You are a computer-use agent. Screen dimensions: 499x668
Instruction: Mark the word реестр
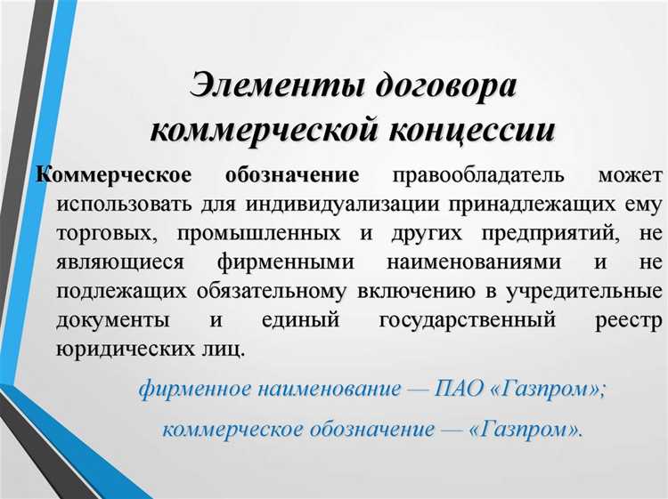point(630,319)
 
